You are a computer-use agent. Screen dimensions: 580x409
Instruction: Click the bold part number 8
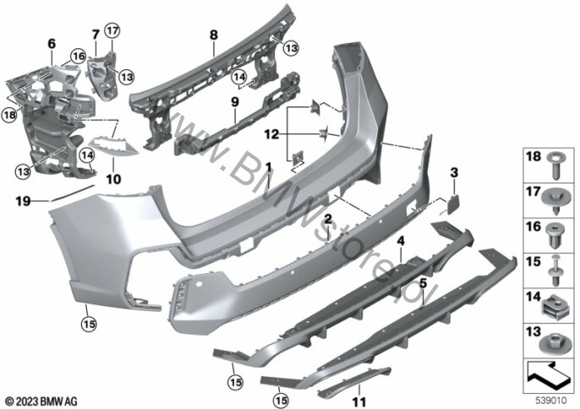click(x=213, y=35)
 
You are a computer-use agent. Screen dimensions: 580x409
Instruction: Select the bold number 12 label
click(x=271, y=134)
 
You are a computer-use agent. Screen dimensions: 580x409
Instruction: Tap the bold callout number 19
click(x=23, y=201)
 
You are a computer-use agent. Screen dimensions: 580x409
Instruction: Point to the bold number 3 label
click(x=454, y=172)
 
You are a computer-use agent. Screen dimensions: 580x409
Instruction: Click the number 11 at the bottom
click(x=359, y=402)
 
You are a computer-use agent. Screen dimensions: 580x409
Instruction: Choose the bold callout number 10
click(x=113, y=179)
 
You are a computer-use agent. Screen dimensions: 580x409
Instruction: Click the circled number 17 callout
click(x=112, y=30)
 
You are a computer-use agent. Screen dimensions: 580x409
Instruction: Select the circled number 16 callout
click(x=79, y=57)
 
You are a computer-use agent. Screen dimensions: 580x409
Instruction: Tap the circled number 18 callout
click(x=9, y=115)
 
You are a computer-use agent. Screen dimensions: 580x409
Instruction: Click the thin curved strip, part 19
click(x=72, y=193)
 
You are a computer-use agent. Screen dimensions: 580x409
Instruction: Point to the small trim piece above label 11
click(x=355, y=380)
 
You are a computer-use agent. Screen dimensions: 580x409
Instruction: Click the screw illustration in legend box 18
click(x=555, y=166)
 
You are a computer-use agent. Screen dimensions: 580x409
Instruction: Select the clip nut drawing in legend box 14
click(x=554, y=308)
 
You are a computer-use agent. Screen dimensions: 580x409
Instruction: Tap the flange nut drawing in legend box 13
click(x=553, y=343)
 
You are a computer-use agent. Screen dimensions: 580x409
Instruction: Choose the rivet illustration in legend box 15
click(x=555, y=270)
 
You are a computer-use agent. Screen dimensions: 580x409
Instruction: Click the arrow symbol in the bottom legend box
click(x=548, y=376)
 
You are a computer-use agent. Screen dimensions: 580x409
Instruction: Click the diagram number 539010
click(x=551, y=401)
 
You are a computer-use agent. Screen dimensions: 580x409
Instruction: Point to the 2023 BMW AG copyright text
click(x=41, y=401)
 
